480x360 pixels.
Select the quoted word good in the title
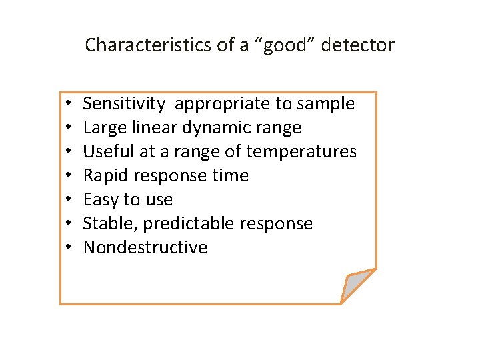[x=283, y=45]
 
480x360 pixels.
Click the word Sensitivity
[x=124, y=104]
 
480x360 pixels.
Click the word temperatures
[x=301, y=152]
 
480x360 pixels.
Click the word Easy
[x=101, y=200]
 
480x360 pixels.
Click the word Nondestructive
[x=145, y=248]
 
